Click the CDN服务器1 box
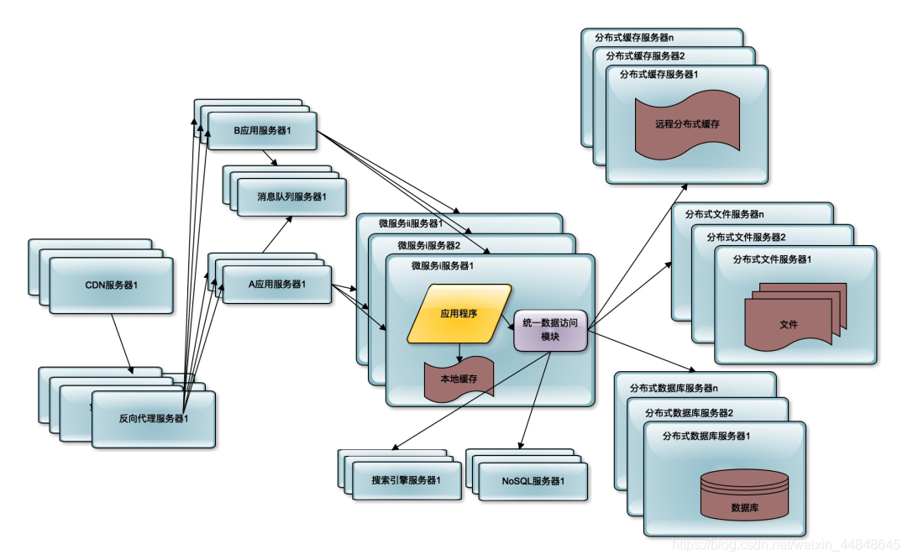tap(111, 285)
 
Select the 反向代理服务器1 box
tap(154, 419)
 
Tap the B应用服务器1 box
tap(262, 131)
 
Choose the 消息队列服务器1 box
tap(291, 197)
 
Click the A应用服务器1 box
tap(277, 285)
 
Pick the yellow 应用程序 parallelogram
tap(459, 313)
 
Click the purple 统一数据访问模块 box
tap(550, 330)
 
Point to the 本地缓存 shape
tap(459, 379)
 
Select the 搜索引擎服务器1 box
tap(407, 481)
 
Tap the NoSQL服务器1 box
tap(533, 481)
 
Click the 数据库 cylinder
tap(745, 495)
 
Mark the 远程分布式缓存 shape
tap(687, 124)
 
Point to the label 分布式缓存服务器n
tap(634, 38)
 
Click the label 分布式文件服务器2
tap(746, 238)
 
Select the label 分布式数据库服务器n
tap(674, 388)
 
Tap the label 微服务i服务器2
tap(428, 245)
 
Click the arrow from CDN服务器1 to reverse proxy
tap(122, 344)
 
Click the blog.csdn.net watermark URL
tap(786, 545)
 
